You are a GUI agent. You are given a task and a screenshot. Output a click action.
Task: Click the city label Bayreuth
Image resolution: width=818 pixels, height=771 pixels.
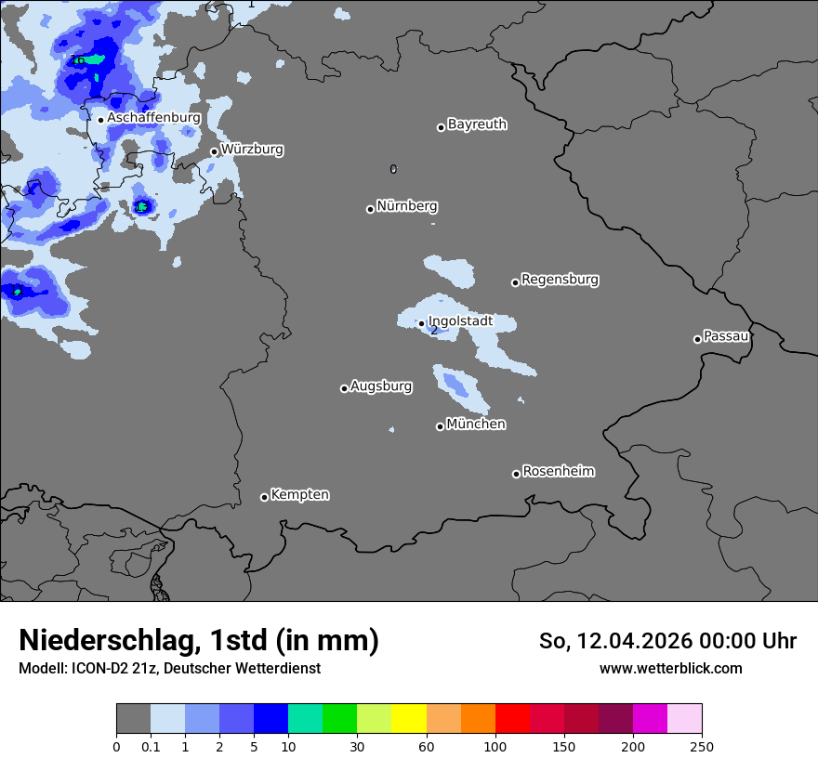[x=477, y=124]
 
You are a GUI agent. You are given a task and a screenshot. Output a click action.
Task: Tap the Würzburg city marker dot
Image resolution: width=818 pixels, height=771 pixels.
[x=214, y=151]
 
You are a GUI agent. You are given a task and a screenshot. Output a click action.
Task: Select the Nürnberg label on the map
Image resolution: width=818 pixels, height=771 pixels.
[x=406, y=206]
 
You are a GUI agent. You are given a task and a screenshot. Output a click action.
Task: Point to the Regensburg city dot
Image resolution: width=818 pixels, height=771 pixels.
[x=515, y=282]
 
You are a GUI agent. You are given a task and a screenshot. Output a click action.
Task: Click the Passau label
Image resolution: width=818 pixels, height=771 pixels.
[x=726, y=336]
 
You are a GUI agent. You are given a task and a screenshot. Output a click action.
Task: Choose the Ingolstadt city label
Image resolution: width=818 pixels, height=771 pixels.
[x=460, y=321]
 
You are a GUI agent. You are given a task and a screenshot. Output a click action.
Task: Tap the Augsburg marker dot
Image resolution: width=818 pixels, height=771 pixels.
[x=344, y=388]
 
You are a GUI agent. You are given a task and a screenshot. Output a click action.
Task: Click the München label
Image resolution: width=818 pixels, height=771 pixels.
[x=476, y=425]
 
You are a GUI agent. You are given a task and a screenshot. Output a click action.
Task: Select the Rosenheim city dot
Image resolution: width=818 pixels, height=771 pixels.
[x=516, y=475]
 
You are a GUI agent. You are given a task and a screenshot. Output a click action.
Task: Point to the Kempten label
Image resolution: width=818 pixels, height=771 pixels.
[x=299, y=495]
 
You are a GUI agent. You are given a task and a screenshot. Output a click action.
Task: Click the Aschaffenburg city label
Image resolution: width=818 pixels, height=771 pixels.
[x=153, y=118]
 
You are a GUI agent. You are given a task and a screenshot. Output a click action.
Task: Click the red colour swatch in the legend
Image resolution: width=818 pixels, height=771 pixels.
[x=512, y=719]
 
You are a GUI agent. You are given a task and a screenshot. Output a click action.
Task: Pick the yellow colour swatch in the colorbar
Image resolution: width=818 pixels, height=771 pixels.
[x=409, y=719]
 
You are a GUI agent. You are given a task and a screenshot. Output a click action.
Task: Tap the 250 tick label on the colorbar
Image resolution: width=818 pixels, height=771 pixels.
[x=702, y=746]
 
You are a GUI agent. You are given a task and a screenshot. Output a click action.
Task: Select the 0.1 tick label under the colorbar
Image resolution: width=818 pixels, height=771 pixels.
[x=151, y=746]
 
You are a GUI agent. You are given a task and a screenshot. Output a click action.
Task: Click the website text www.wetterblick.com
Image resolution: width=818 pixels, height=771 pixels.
[x=670, y=669]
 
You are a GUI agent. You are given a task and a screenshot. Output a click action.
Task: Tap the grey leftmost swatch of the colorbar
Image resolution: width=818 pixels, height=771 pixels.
[x=133, y=719]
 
